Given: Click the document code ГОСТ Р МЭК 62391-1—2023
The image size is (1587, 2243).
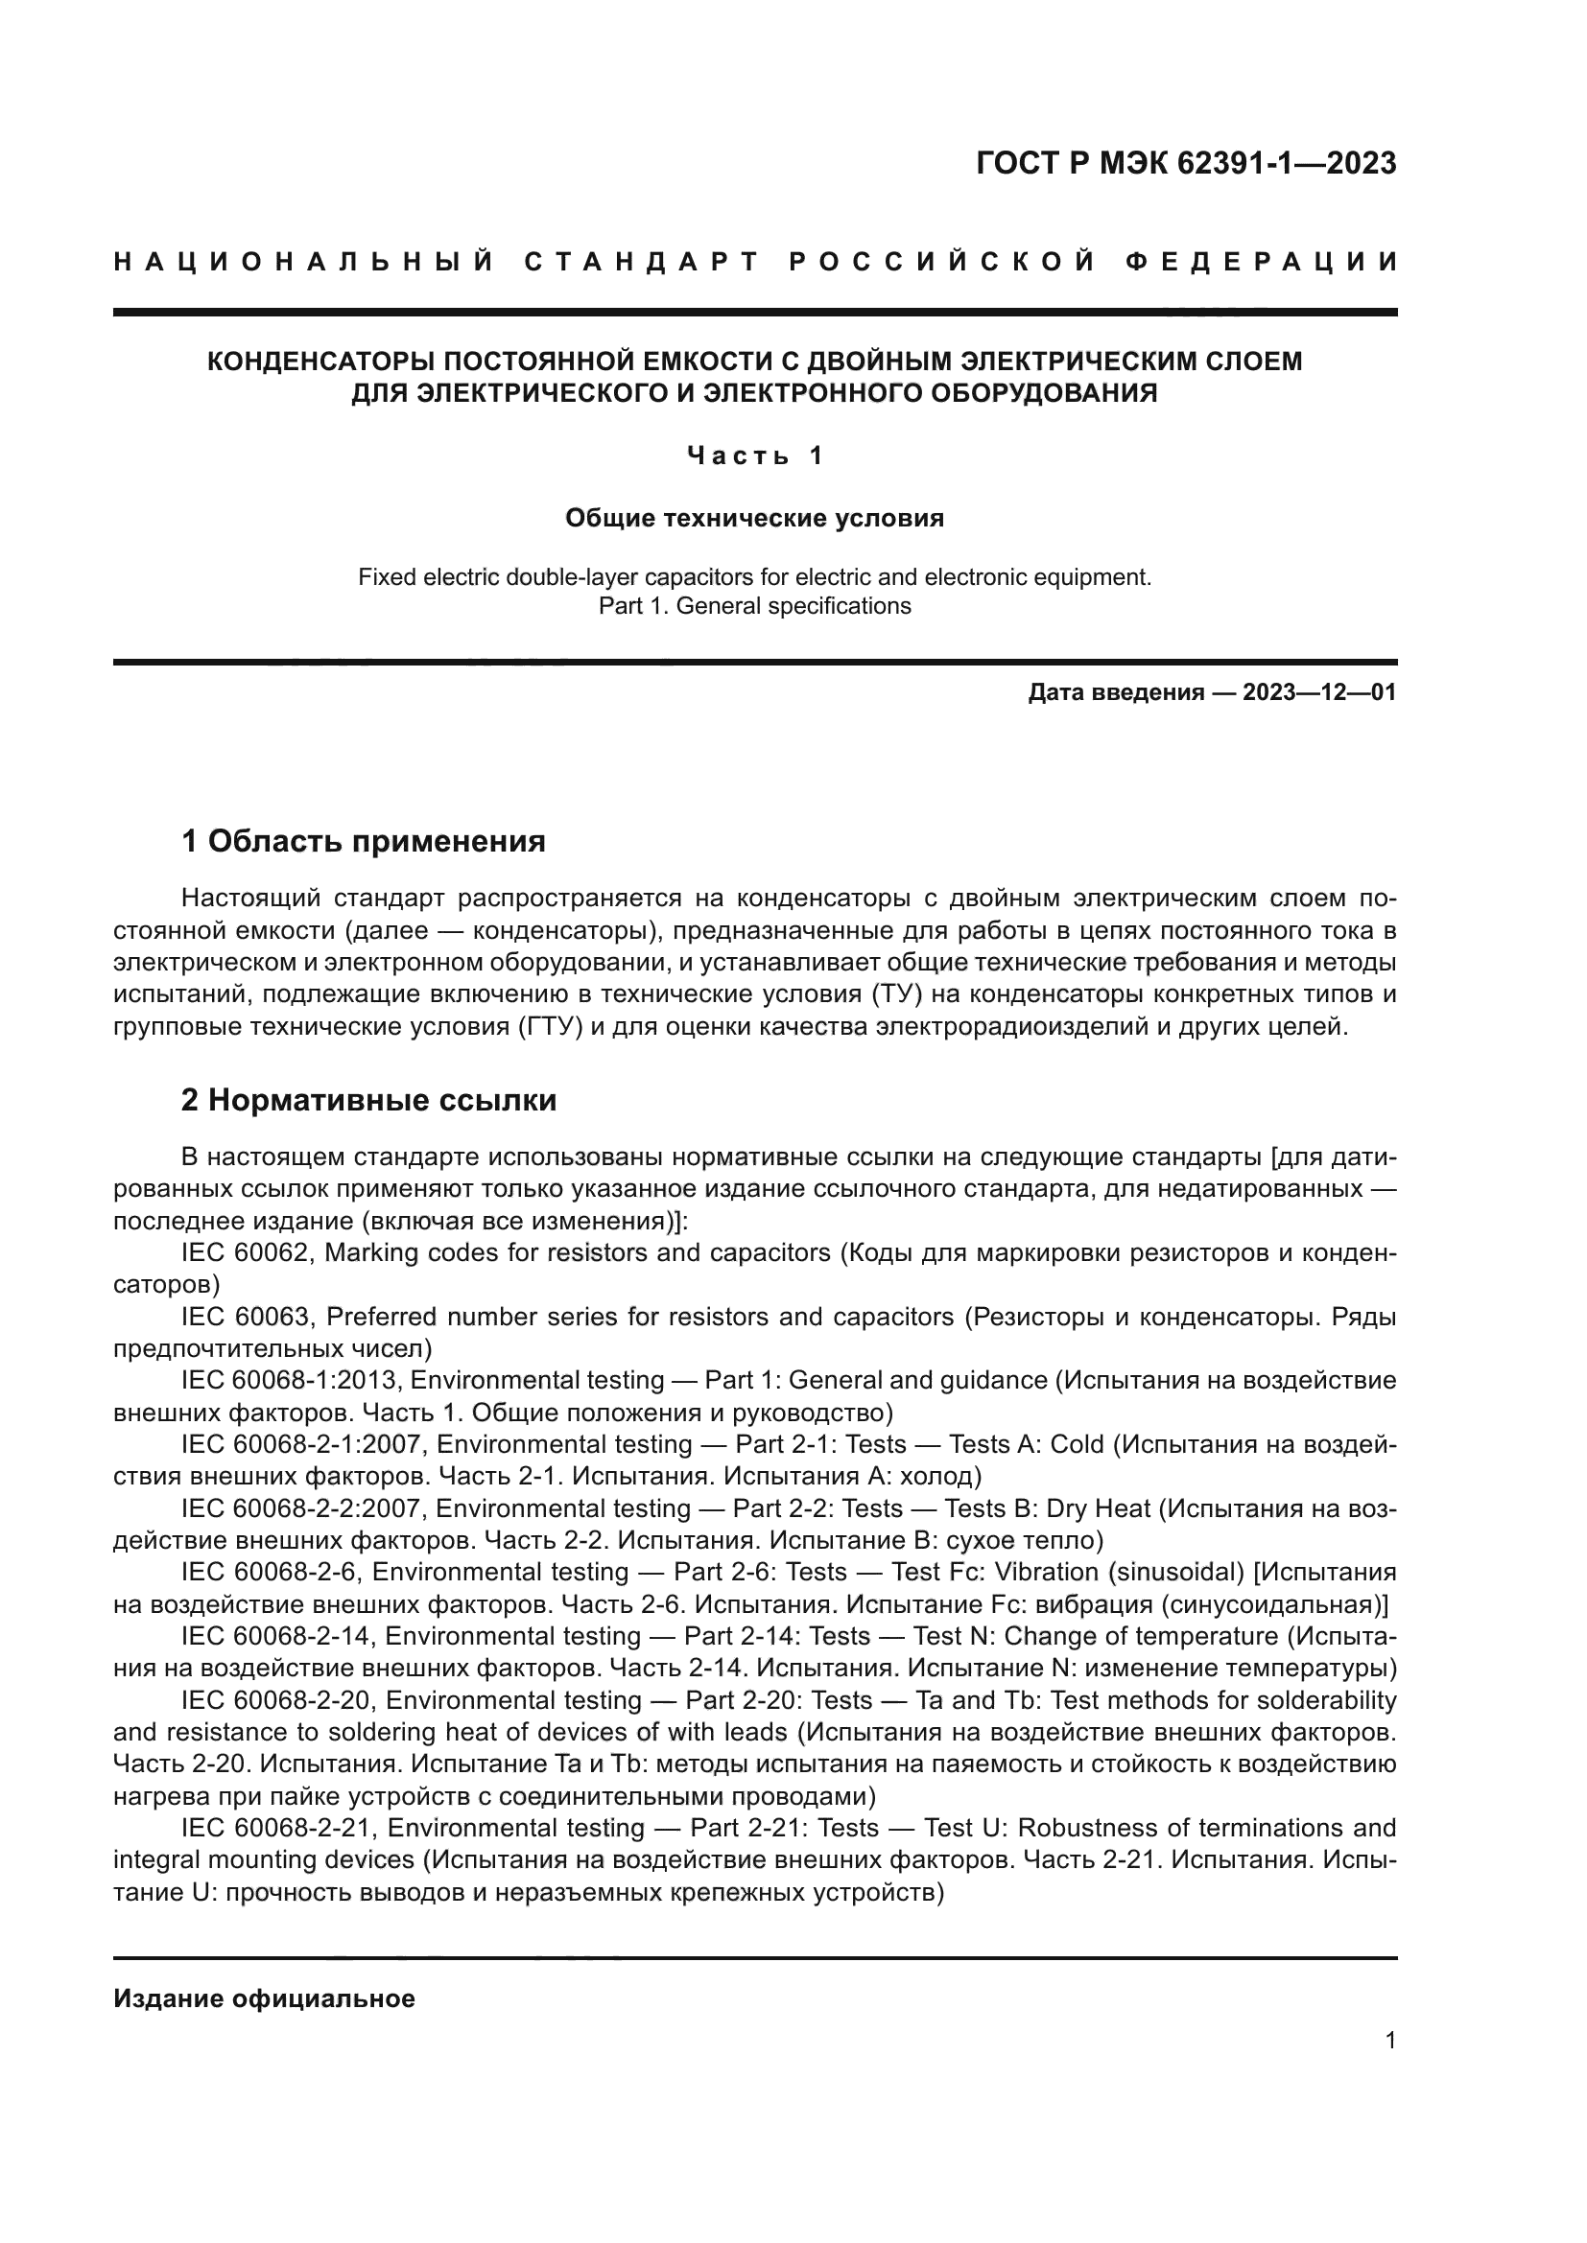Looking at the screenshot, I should point(1185,164).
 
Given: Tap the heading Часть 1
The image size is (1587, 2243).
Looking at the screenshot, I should point(755,456).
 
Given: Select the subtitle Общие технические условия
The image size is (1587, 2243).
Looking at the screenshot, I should point(754,518).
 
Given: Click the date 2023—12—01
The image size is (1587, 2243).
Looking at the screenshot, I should point(1319,692).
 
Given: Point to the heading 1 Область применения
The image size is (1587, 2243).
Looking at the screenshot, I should point(363,840).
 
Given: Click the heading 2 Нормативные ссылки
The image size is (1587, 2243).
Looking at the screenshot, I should point(368,1100).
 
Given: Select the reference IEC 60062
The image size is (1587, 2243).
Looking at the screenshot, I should point(248,1252).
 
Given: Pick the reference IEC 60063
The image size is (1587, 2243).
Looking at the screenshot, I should point(248,1317).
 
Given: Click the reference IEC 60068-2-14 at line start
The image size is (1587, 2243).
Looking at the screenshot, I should point(276,1635).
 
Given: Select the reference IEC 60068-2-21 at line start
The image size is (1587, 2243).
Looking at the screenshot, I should point(276,1828).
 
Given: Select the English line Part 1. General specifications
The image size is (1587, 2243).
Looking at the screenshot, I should point(754,606).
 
